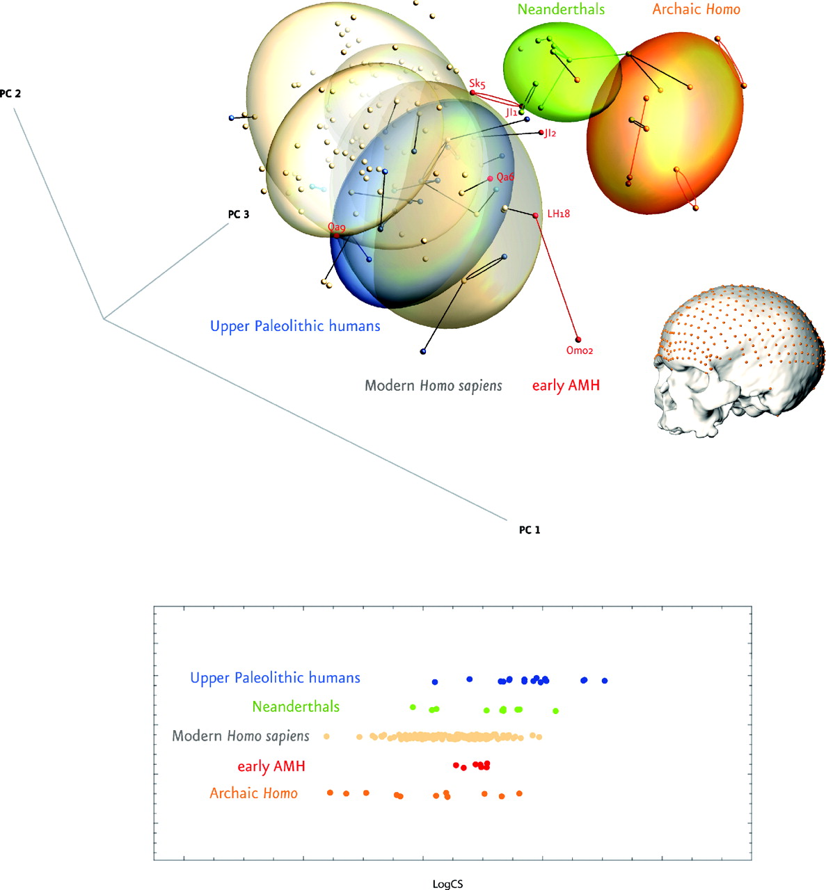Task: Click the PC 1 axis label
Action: pyautogui.click(x=530, y=530)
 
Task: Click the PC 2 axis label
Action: pyautogui.click(x=10, y=93)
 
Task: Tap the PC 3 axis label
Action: pyautogui.click(x=239, y=214)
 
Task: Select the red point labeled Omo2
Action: pyautogui.click(x=578, y=339)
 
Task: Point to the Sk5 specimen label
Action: pyautogui.click(x=477, y=83)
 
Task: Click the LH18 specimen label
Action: pyautogui.click(x=558, y=213)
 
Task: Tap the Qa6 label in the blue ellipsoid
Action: pyautogui.click(x=505, y=177)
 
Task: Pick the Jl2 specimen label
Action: pyautogui.click(x=550, y=133)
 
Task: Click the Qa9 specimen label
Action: pyautogui.click(x=337, y=227)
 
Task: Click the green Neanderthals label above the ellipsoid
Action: pyautogui.click(x=562, y=9)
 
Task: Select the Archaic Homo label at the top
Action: pyautogui.click(x=696, y=9)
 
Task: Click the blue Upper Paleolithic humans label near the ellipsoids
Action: pyautogui.click(x=295, y=325)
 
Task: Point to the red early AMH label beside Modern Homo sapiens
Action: pyautogui.click(x=566, y=385)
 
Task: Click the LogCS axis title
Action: pyautogui.click(x=447, y=884)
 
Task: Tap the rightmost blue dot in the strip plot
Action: pyautogui.click(x=605, y=680)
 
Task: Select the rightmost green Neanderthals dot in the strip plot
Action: pyautogui.click(x=555, y=710)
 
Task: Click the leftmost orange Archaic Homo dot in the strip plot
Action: pyautogui.click(x=331, y=792)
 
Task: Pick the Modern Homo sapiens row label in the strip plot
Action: pyautogui.click(x=241, y=736)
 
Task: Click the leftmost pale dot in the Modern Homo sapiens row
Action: pyautogui.click(x=326, y=736)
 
